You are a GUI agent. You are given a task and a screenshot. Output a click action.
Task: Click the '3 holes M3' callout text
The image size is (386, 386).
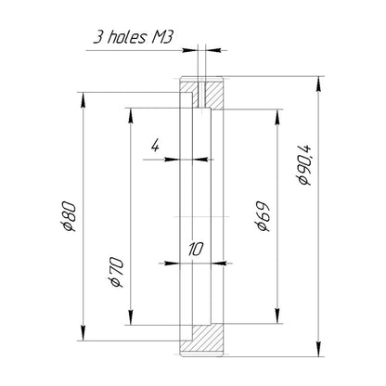tap(133, 37)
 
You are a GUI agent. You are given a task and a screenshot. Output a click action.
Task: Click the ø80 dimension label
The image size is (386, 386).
tap(69, 217)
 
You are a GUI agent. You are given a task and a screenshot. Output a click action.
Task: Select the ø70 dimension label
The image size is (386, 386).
tap(116, 272)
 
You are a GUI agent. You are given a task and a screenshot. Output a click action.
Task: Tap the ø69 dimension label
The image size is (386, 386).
tap(263, 216)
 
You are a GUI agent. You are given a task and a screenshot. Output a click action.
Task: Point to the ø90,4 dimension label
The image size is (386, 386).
tap(303, 165)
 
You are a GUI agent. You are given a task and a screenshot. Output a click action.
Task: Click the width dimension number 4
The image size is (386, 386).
tap(155, 146)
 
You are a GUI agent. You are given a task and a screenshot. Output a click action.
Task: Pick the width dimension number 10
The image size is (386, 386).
tap(196, 250)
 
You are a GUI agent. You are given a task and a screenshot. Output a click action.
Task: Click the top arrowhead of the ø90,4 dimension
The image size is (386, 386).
tap(318, 84)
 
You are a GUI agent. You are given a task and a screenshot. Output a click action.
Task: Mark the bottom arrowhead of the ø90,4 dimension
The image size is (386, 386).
tap(318, 349)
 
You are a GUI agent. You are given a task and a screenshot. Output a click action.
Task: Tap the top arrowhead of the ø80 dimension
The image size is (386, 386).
tap(83, 100)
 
